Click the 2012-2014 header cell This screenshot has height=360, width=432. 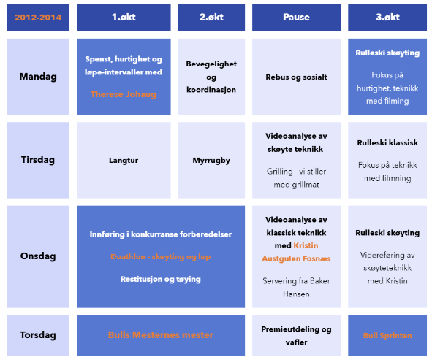[x=38, y=18]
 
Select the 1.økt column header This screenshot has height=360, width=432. [x=124, y=18]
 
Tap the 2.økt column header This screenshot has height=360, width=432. [x=211, y=18]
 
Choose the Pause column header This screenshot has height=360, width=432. [x=297, y=18]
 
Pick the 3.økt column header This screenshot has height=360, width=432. [x=387, y=18]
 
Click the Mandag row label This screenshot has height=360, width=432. [x=38, y=77]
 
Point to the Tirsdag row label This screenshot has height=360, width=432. [x=38, y=160]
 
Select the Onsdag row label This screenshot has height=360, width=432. [x=38, y=256]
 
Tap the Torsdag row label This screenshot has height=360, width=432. [x=38, y=335]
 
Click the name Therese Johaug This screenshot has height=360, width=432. [x=124, y=94]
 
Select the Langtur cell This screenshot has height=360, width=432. [x=124, y=160]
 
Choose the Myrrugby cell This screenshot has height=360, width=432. [x=211, y=160]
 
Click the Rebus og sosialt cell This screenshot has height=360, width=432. [x=297, y=77]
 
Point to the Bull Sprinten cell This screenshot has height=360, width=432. [x=387, y=335]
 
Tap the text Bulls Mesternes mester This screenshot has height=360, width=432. [x=161, y=335]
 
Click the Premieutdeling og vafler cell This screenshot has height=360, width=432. [x=297, y=335]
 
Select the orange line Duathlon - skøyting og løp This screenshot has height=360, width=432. [x=161, y=257]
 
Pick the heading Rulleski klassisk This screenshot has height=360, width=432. [x=387, y=142]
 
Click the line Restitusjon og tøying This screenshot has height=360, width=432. [x=161, y=280]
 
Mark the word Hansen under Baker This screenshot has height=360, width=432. [x=296, y=294]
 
